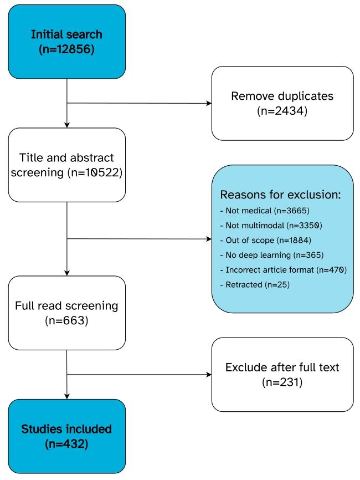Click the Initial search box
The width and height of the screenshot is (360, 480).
point(66,42)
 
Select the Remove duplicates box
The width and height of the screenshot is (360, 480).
point(282,103)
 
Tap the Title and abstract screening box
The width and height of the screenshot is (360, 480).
point(66,165)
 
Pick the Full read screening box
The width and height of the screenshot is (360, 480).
point(66,313)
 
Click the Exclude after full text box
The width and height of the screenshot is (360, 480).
point(282,375)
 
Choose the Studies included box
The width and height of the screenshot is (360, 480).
point(66,436)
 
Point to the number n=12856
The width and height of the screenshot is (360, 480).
point(66,49)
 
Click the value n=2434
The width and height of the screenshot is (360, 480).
point(282,111)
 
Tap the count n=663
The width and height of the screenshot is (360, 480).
point(66,320)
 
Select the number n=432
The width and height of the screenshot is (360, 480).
point(66,444)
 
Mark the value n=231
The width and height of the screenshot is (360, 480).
point(282,382)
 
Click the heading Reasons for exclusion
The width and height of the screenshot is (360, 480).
point(280,195)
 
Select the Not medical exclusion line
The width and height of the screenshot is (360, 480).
point(265,211)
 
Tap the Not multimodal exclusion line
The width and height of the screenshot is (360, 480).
point(271,226)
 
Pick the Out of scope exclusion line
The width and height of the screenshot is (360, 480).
point(266,241)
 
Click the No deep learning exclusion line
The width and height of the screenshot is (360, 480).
point(272,255)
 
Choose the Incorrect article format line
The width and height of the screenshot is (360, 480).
point(284,270)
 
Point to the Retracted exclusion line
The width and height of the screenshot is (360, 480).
point(255,285)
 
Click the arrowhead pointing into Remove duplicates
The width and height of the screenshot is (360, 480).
point(209,103)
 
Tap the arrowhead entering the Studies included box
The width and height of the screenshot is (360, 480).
point(67,397)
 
